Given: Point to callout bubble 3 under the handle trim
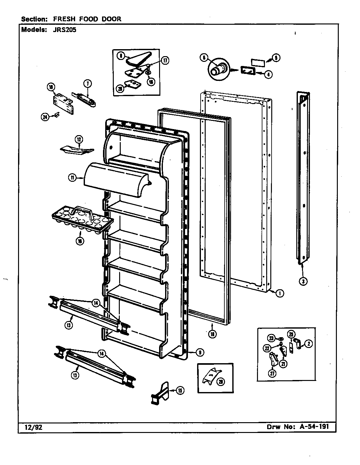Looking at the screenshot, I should point(303,281).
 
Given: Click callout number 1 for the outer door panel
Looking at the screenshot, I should point(279,293).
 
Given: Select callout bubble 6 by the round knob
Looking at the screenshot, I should point(204,57).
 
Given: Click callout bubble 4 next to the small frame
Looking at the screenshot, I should point(268,75).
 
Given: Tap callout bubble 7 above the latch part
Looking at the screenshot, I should point(87,84).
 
